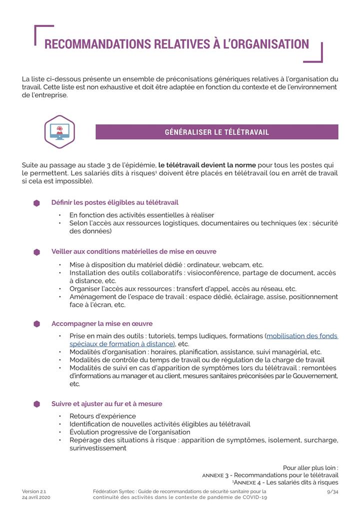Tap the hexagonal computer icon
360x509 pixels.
click(59, 132)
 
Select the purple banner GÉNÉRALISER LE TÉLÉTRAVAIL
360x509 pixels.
click(216, 132)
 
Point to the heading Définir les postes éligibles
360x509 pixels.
click(114, 202)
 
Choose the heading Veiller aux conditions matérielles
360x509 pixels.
click(133, 251)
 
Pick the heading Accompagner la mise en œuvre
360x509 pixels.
click(101, 323)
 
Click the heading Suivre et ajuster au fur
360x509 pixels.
click(106, 403)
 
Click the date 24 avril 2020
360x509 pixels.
click(36, 498)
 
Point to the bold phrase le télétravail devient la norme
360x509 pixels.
click(207, 165)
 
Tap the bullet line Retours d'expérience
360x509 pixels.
click(102, 416)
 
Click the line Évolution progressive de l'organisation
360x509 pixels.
click(130, 432)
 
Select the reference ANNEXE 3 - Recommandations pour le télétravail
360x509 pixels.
click(270, 475)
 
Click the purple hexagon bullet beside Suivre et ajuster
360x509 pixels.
click(36, 404)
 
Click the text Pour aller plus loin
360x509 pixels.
click(310, 467)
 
